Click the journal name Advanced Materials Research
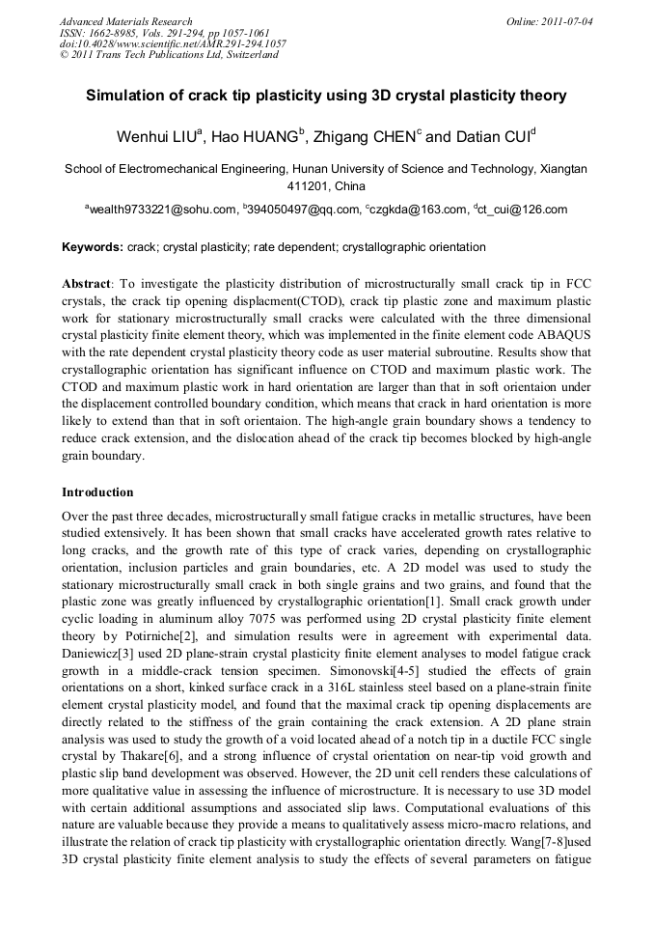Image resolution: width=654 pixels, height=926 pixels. pyautogui.click(x=125, y=21)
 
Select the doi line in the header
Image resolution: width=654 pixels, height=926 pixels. pyautogui.click(x=173, y=43)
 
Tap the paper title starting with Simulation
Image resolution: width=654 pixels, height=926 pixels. pyautogui.click(x=326, y=96)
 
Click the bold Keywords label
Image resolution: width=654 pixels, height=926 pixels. pyautogui.click(x=93, y=248)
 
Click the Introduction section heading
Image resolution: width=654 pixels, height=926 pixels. pyautogui.click(x=97, y=492)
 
